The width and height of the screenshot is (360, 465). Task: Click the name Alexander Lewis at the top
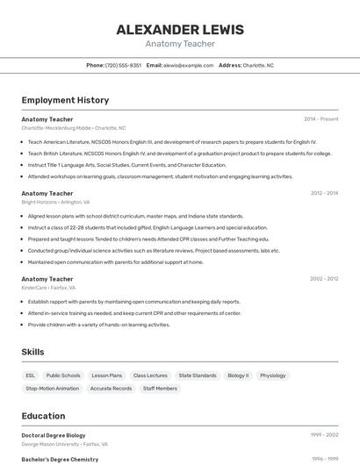point(180,29)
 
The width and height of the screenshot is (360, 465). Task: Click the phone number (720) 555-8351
point(123,65)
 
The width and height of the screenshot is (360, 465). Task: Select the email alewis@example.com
point(189,65)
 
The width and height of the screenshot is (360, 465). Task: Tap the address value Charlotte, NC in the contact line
point(258,65)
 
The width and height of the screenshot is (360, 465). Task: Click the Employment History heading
point(65,100)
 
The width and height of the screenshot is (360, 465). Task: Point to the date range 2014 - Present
point(320,118)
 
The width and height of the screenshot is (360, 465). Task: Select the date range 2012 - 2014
point(324,193)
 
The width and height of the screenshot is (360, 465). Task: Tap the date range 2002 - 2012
point(324,279)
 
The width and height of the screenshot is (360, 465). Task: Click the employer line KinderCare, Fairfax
point(48,288)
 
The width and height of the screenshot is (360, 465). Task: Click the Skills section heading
point(33,352)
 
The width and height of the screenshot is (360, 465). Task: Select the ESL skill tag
point(31,376)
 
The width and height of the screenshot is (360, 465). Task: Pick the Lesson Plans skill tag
point(107,376)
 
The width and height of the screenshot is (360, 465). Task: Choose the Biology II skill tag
point(238,376)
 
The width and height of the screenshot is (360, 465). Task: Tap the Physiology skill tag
point(273,376)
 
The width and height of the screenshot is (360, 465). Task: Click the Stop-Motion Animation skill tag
point(52,388)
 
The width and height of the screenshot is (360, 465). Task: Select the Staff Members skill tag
point(160,388)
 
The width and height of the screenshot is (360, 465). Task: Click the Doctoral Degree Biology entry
point(54,435)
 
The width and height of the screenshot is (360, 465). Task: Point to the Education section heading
point(43,416)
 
